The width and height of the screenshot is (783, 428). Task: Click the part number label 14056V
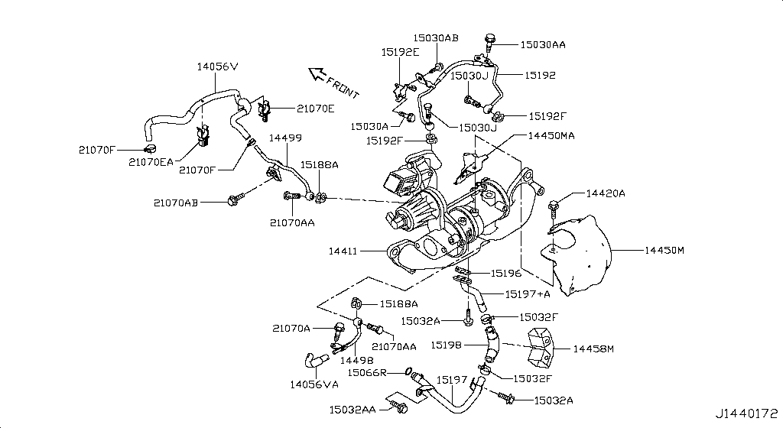tap(217, 67)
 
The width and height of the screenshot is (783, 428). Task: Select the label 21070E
tap(294, 109)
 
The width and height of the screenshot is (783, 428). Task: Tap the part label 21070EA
tap(151, 162)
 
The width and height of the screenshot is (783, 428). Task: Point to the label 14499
tap(284, 138)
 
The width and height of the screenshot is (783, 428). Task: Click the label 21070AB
tap(176, 203)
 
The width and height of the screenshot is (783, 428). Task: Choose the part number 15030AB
tap(436, 37)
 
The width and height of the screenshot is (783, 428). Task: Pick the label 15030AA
tap(543, 45)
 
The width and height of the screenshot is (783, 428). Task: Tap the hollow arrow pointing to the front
tap(315, 73)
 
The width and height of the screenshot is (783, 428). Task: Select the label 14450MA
tap(551, 135)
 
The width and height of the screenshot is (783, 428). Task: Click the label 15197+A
tap(528, 293)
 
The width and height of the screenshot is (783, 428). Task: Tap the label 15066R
tap(365, 372)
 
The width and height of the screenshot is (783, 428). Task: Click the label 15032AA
tap(353, 410)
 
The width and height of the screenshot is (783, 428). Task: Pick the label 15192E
tap(401, 52)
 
